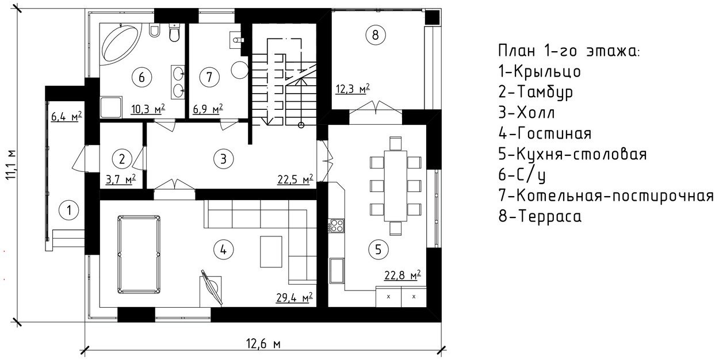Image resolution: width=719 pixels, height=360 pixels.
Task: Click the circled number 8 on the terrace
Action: coord(375,35)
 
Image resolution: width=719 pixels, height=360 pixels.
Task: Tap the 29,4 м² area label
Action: coord(295,298)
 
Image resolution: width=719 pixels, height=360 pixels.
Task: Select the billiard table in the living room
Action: coord(139,254)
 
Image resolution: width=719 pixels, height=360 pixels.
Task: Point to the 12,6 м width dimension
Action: coord(263,344)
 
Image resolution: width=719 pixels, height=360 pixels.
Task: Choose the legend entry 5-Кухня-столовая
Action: coord(572,154)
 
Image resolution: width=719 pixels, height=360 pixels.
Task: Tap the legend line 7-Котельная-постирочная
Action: coord(606,196)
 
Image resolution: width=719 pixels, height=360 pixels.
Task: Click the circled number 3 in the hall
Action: coord(223,159)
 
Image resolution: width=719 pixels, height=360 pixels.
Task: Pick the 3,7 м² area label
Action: coord(121,179)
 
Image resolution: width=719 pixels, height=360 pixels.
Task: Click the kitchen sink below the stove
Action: coord(336,271)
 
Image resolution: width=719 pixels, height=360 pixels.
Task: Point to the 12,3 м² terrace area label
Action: coord(353,89)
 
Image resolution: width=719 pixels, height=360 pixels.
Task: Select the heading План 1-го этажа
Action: coord(569,51)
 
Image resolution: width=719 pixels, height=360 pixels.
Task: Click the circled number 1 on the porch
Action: coord(68,210)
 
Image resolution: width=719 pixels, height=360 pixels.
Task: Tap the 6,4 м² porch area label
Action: coord(67,116)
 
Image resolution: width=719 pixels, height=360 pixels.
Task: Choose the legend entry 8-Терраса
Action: coord(540,216)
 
